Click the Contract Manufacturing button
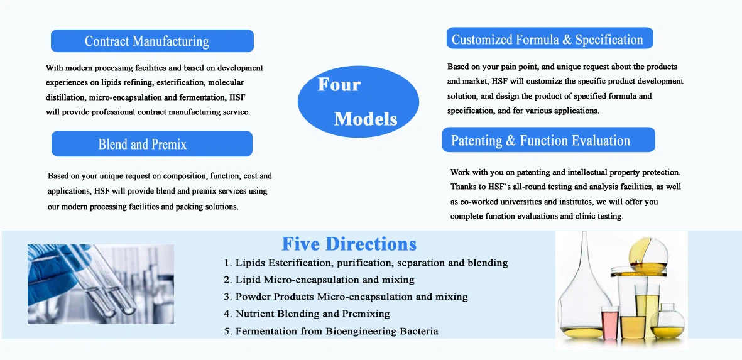tap(152, 41)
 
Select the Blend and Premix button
tap(152, 144)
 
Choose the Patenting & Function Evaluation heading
tap(548, 140)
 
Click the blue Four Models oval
tap(357, 101)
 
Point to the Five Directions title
tap(349, 244)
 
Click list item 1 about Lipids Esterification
tap(366, 263)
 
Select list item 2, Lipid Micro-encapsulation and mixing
tap(319, 280)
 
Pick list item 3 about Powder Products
tap(346, 297)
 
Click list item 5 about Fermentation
tap(331, 331)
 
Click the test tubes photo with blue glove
tap(101, 284)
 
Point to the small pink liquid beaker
tap(610, 322)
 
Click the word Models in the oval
tap(366, 118)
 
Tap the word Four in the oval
tap(339, 84)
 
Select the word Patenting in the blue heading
tap(477, 141)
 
